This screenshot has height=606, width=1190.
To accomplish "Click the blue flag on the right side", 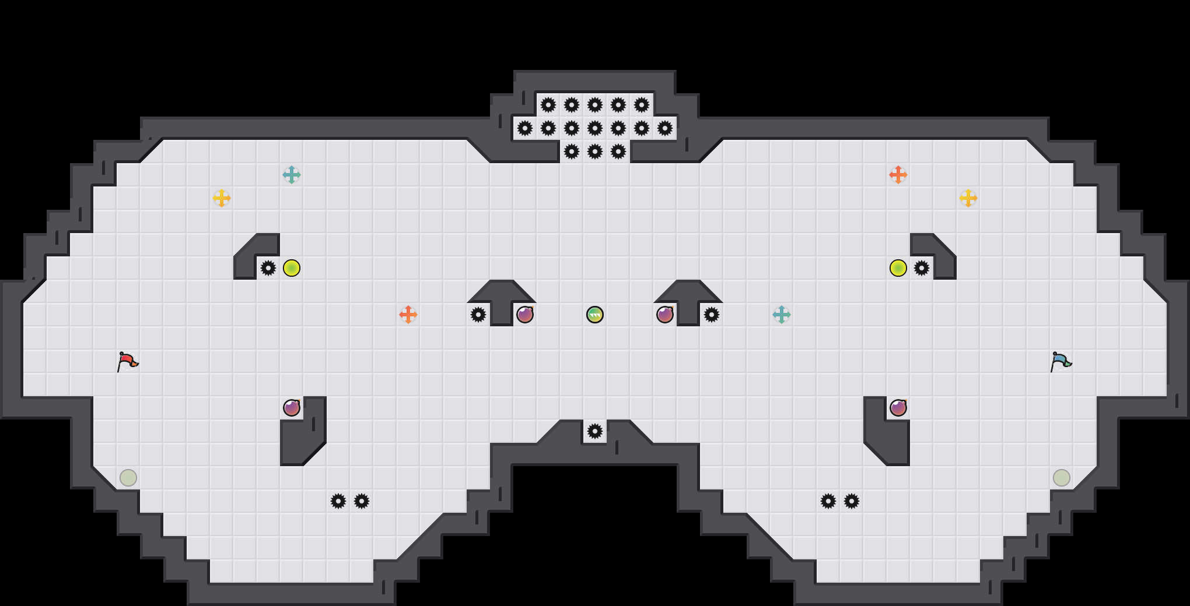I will coord(1061,362).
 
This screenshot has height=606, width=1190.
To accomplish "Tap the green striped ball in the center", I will coord(595,315).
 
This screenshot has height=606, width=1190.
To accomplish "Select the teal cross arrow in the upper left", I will coord(292,175).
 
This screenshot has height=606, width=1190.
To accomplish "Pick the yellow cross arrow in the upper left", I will coord(222,198).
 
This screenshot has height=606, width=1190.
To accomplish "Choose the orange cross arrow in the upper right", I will coord(898,175).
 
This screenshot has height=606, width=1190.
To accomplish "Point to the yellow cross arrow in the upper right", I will coord(968,198).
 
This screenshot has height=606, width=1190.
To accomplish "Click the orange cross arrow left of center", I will coord(408,315).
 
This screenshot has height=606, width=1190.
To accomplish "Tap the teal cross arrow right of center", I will coord(782,315).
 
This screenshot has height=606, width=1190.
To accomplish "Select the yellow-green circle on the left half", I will coord(292,268).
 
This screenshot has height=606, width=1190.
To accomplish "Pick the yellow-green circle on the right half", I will coord(898,268).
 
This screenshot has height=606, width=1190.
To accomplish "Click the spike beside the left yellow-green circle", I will coord(268,268).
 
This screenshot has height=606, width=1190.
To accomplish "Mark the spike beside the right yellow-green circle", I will coord(922,268).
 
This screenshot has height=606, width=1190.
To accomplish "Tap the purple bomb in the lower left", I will coord(292,408).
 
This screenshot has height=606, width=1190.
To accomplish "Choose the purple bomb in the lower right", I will coord(898,408).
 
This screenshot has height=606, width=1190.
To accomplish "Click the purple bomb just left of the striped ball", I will coord(525,315).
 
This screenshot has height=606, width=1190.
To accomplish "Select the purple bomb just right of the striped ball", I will coord(665,315).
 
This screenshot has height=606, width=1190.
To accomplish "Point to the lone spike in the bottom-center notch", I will coord(595,431).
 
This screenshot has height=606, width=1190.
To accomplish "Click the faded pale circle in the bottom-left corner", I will coord(128,478).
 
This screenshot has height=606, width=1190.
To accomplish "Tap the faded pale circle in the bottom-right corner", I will coord(1062,478).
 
